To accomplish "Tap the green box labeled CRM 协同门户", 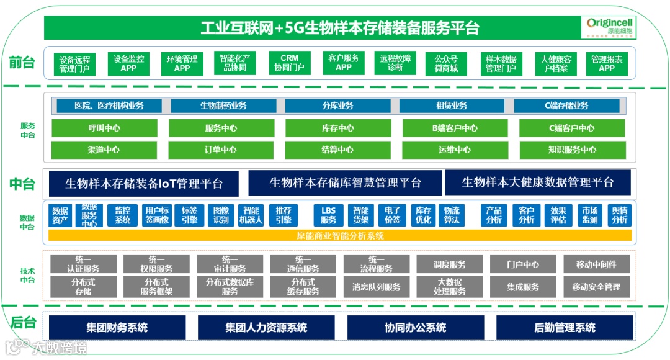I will coord(290,63).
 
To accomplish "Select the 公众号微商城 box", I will coord(446,63).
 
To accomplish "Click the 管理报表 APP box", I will coord(607,63).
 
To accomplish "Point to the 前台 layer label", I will coord(22,62).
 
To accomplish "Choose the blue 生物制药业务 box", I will coord(223,106).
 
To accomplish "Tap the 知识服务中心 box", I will coord(572,150).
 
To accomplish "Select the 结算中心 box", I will coord(337,150).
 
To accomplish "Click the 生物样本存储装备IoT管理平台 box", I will coord(143,183).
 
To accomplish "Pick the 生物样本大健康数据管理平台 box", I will coord(537,182).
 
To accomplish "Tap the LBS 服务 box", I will coord(328,215).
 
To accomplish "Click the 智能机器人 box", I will coord(251,215).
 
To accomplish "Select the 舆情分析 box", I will coord(619,215).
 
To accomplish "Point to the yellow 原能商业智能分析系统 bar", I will coord(340,236).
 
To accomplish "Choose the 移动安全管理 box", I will coord(596,287).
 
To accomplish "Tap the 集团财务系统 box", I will coord(117,327).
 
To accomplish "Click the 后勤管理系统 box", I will coord(565,327).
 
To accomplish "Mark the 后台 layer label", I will coord(23,323).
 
